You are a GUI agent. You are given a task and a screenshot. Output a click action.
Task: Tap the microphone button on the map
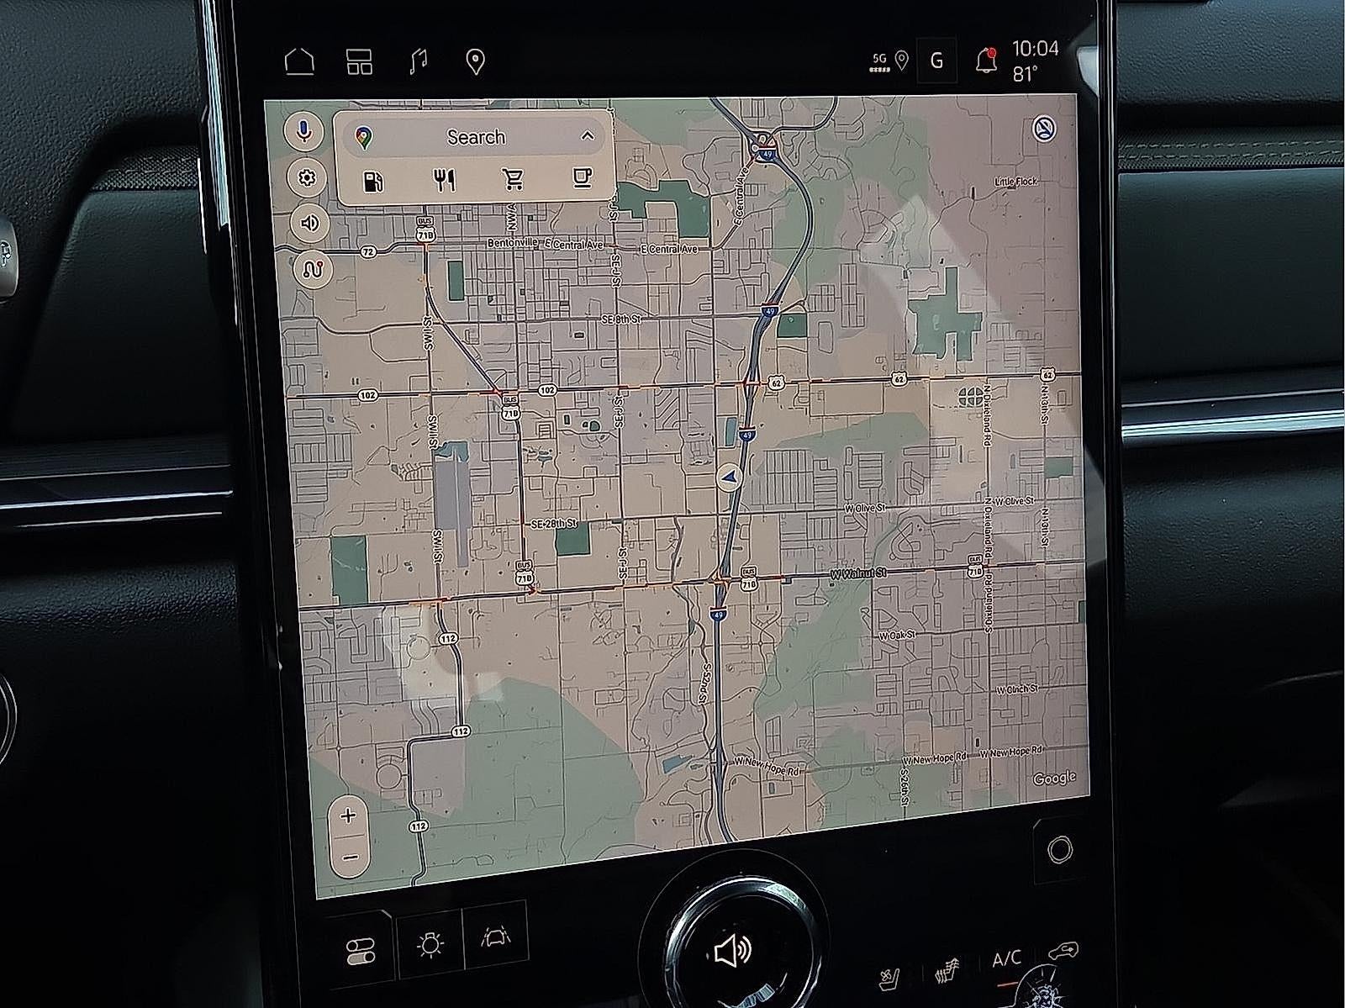tap(306, 132)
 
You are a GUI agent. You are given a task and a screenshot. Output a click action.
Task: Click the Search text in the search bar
tap(476, 137)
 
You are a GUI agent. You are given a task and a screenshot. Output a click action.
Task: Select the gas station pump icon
tap(373, 181)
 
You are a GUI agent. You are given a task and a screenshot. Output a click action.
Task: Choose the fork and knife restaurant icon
tap(445, 179)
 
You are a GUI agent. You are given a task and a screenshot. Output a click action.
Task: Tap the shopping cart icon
tap(512, 179)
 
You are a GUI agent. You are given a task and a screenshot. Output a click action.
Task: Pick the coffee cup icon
tap(582, 177)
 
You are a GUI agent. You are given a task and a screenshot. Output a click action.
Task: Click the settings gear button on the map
tap(307, 178)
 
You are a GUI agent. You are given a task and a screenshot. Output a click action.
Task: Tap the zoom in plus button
tap(348, 815)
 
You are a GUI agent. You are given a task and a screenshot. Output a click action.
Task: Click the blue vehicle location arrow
tap(729, 478)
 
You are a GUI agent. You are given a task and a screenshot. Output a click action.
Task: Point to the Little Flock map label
tap(1015, 182)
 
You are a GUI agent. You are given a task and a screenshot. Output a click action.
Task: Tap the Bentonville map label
tap(512, 243)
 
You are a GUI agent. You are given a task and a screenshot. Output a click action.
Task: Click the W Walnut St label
tap(857, 573)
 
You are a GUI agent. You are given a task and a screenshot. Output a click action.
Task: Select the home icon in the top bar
tap(299, 62)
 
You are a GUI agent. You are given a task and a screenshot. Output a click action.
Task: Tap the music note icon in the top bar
tap(418, 61)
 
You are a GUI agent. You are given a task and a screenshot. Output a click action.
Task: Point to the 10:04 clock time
tap(1035, 48)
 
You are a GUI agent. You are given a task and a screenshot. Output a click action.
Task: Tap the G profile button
tap(936, 61)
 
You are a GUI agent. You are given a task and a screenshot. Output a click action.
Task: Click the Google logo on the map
tap(1054, 778)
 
